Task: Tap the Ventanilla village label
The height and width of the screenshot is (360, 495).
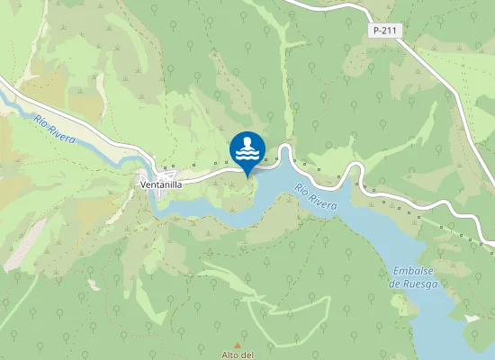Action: point(162,184)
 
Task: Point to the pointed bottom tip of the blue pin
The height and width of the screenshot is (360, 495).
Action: point(247,175)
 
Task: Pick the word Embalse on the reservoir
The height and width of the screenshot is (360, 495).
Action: point(414,272)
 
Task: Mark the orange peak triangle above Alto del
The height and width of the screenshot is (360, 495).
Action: point(238,345)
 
